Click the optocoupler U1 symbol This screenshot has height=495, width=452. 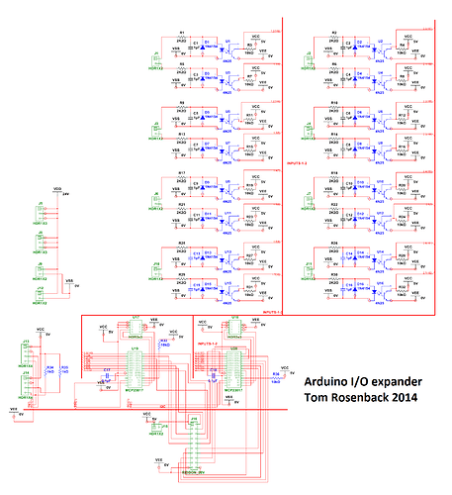pos(229,47)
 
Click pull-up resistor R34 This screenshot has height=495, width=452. pos(48,369)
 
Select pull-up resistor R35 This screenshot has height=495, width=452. pos(62,369)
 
